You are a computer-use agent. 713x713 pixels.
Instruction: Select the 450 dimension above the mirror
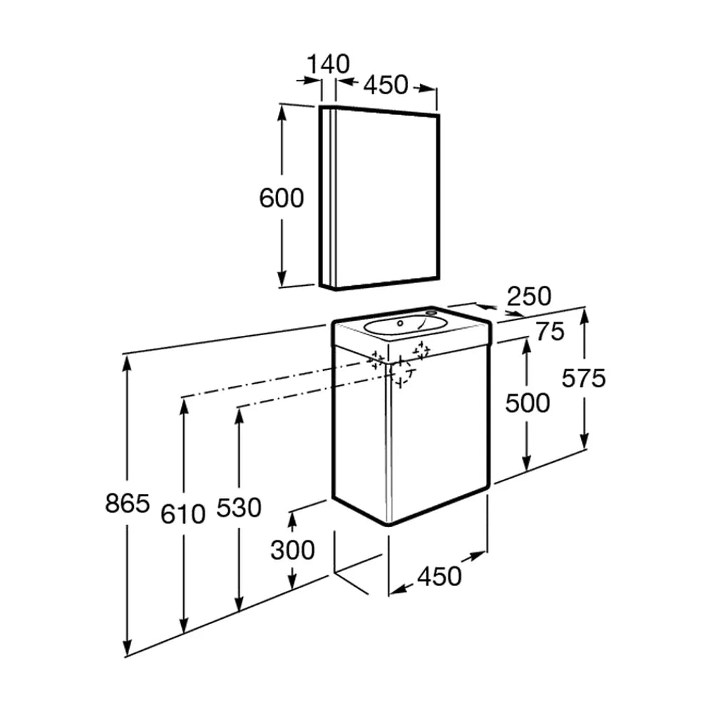coord(386,85)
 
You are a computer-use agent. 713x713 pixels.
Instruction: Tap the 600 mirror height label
coord(282,198)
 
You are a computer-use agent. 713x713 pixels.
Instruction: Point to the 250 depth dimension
coord(529,297)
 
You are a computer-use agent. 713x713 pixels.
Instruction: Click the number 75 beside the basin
coord(550,331)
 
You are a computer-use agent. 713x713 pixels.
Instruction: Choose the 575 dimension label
coord(583,378)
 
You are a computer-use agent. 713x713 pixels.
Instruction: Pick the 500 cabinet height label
coord(528,403)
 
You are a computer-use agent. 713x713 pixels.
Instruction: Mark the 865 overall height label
coord(128,503)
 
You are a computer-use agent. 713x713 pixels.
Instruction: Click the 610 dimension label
coord(183,514)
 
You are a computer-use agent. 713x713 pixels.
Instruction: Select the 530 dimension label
coord(239,508)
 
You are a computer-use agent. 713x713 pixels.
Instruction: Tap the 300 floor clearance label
coord(292,550)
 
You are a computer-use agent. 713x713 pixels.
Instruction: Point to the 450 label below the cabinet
coord(439,576)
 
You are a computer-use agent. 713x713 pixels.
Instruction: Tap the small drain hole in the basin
coord(400,323)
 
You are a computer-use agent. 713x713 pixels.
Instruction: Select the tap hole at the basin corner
coord(431,312)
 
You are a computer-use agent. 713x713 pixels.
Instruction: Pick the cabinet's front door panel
coord(439,435)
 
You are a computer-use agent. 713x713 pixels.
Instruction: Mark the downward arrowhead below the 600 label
coord(282,277)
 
